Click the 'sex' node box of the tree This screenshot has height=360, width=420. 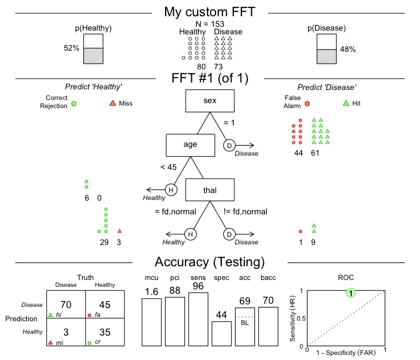coord(209,101)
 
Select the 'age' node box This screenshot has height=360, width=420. coord(190,145)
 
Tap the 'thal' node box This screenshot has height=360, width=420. coord(209,190)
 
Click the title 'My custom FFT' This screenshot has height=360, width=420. coord(209,12)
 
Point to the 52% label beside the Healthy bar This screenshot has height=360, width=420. coord(71,49)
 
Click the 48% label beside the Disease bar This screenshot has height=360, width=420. coord(349,49)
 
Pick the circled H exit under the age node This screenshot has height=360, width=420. coord(171,190)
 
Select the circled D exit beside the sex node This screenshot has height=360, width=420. coord(229,146)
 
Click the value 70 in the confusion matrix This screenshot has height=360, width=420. coord(66,304)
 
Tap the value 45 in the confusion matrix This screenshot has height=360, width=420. coord(106,304)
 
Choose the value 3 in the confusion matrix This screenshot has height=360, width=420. coord(66,332)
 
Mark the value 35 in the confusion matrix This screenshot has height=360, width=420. coord(106,332)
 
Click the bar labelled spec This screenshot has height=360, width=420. coord(221,333)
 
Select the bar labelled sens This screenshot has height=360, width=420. coord(198,319)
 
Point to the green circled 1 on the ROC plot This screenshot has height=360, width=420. coord(351,292)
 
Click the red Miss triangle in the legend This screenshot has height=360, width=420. coord(112,103)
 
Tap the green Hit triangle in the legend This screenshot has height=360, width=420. coord(346,103)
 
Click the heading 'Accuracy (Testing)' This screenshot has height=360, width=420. coord(209,262)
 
